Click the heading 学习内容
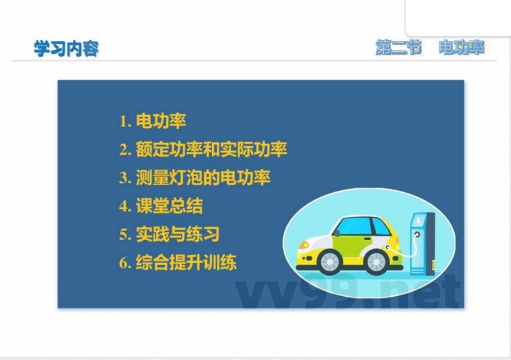(66, 49)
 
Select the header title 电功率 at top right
(461, 48)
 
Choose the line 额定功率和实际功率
(211, 149)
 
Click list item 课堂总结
(169, 206)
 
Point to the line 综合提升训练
(186, 262)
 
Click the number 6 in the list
(123, 263)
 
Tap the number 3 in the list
(123, 178)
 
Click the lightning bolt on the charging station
(419, 220)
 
